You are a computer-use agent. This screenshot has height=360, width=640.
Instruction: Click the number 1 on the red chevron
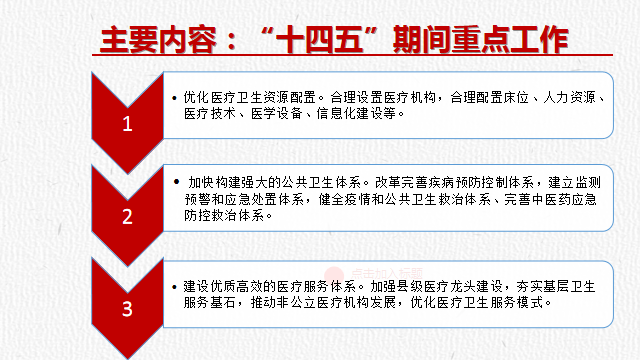pos(127,124)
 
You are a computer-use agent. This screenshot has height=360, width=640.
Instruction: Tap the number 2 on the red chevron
pos(127,216)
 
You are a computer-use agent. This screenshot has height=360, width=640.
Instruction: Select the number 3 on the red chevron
pos(127,309)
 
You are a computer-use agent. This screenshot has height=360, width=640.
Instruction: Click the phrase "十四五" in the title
pos(320,40)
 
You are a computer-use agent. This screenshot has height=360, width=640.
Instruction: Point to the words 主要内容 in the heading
pos(158,40)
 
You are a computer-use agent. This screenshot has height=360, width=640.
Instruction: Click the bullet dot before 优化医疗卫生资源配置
pos(175,98)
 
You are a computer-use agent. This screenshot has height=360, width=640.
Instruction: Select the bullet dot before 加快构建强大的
pos(176,182)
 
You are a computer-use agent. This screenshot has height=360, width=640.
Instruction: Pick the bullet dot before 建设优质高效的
pos(175,287)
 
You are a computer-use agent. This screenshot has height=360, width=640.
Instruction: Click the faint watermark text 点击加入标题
pos(387,273)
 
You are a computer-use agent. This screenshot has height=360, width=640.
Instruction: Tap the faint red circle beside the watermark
pos(334,274)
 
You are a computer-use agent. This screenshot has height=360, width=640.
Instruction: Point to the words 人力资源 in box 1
pos(569,97)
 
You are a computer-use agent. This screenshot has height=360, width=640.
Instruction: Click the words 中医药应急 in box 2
pos(564,199)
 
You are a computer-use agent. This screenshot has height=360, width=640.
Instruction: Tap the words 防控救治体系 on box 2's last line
pos(224,216)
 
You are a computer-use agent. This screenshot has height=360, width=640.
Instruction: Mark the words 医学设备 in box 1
pos(276,113)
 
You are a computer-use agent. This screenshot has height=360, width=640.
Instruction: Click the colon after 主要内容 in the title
pos(231,41)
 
